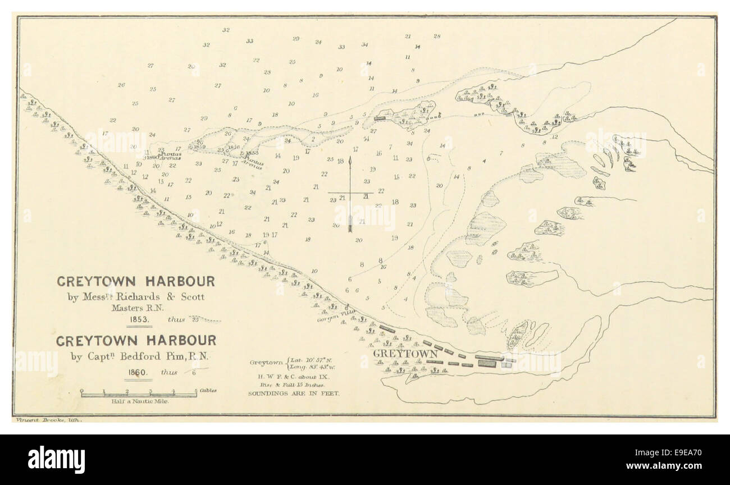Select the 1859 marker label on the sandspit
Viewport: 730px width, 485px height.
(199, 148)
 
